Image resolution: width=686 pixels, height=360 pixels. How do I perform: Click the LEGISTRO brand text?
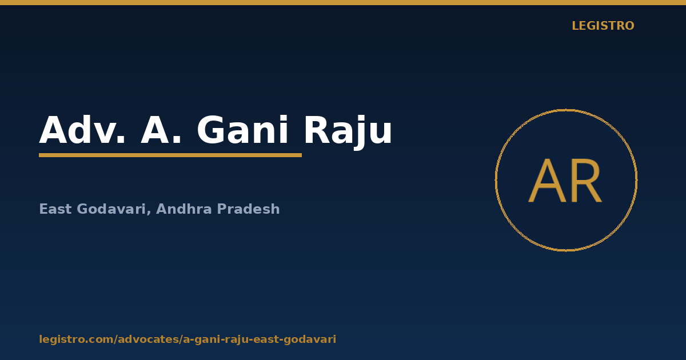pos(603,26)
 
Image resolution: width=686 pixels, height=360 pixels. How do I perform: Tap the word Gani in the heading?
pos(242,130)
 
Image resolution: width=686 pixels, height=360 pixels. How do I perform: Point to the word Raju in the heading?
pos(348,132)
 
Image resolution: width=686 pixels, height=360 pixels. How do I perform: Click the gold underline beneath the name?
pos(170,155)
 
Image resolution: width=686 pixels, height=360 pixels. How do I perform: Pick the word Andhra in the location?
pos(184,209)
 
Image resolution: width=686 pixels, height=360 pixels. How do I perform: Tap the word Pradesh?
pos(248,209)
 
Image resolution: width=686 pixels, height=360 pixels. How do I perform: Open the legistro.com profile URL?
pos(188,339)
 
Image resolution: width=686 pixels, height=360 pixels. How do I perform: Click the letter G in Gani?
pos(211,130)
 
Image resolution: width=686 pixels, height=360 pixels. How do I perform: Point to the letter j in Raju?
pos(359,133)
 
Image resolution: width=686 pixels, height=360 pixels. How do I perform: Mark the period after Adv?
pos(121,140)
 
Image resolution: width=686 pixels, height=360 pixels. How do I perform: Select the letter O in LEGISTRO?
pos(629,26)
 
